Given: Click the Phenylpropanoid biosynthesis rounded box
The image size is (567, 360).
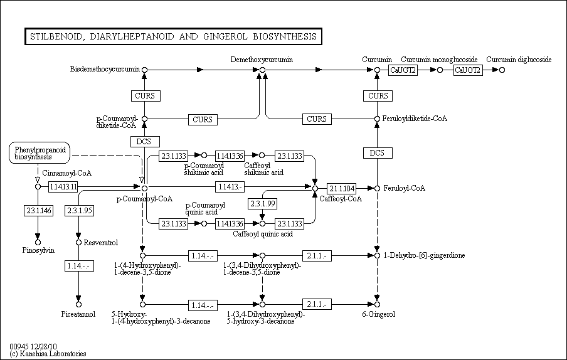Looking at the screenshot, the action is click(40, 153).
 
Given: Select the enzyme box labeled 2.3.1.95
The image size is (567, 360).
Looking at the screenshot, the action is click(80, 210).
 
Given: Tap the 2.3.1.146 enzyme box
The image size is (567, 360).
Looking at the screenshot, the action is click(39, 210).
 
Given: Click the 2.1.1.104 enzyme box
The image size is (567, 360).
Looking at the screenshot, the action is click(342, 188).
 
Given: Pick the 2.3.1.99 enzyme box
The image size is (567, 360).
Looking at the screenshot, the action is click(263, 204).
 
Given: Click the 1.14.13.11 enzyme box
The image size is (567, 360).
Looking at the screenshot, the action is click(63, 187).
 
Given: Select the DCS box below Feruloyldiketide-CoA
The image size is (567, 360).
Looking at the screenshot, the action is click(378, 153).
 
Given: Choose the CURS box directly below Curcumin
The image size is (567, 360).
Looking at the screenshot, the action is click(378, 96).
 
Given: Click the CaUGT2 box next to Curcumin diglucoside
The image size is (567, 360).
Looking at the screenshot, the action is click(468, 70).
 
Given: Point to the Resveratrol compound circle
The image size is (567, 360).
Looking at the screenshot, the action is click(78, 243).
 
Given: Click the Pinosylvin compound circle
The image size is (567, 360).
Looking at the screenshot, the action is click(38, 243).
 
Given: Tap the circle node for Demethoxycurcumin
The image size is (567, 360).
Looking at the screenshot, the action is click(263, 70).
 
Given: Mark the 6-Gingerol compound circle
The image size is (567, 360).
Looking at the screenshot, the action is click(377, 304).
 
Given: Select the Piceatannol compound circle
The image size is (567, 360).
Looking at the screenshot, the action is click(78, 304).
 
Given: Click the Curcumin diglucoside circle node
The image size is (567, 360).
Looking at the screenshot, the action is click(502, 70).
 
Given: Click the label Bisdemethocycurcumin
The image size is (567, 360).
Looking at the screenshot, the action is click(105, 69).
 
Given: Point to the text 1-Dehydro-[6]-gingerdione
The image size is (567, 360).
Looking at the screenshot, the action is click(424, 255).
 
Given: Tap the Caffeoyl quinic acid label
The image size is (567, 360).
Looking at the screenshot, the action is click(263, 234).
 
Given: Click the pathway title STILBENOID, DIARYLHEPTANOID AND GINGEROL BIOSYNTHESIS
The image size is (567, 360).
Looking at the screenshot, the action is click(173, 36).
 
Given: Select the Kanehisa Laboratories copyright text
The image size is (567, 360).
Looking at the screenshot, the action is click(48, 354).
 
